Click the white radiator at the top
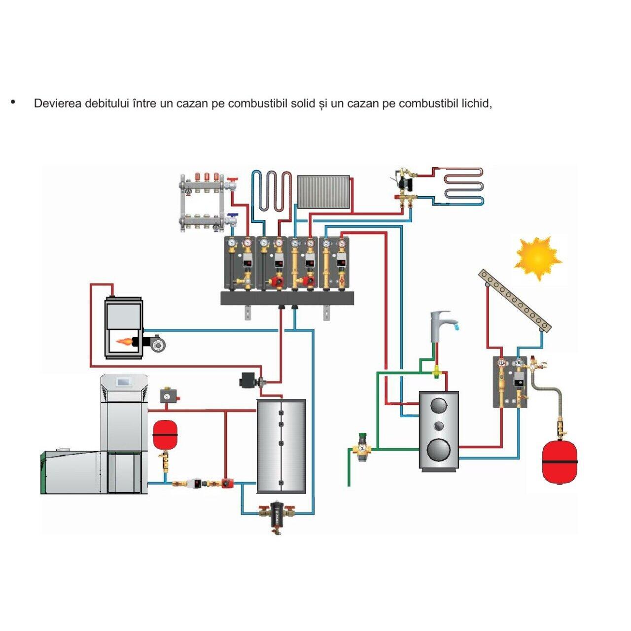[323, 191]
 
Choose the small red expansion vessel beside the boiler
[165, 434]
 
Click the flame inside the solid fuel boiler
[126, 341]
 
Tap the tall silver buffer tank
[281, 446]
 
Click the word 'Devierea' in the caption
[58, 104]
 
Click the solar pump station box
[510, 382]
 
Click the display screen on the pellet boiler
[123, 381]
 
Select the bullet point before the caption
[13, 103]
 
